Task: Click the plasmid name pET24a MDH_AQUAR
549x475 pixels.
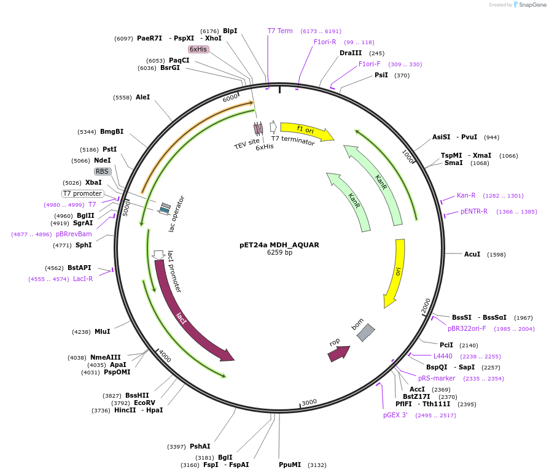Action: (x=279, y=245)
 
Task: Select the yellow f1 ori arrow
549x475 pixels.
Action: (x=306, y=130)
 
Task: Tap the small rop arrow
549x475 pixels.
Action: (x=338, y=352)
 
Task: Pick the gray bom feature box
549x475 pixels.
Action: (x=365, y=333)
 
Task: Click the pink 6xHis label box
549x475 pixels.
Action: (x=198, y=49)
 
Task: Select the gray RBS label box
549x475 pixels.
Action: (x=103, y=171)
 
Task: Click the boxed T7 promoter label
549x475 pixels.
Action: (x=83, y=193)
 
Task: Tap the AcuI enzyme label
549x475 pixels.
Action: (x=472, y=254)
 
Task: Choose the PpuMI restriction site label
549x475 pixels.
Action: (x=290, y=465)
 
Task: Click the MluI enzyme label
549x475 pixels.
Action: (x=102, y=331)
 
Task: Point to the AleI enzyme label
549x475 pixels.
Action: (x=142, y=97)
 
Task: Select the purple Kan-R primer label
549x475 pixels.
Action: (x=466, y=196)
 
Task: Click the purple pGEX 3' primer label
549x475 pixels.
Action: (x=395, y=415)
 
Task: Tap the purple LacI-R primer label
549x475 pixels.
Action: (x=83, y=279)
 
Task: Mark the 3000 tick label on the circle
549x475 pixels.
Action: (x=309, y=402)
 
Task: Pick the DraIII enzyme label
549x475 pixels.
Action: (x=351, y=53)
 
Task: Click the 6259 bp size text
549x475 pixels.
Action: (x=279, y=252)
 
